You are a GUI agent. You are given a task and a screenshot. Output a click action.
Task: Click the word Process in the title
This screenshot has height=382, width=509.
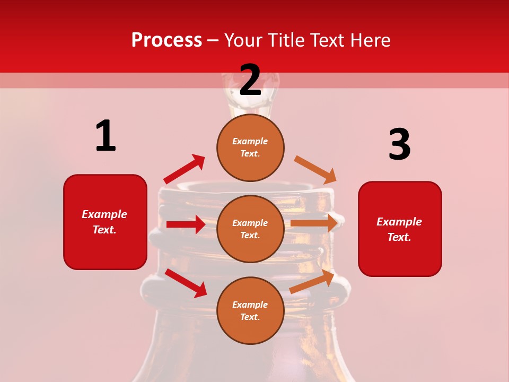pyautogui.click(x=166, y=40)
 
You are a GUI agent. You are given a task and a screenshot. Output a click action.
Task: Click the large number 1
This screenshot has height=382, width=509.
pyautogui.click(x=106, y=136)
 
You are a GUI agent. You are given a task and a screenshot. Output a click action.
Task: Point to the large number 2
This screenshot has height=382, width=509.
pyautogui.click(x=250, y=80)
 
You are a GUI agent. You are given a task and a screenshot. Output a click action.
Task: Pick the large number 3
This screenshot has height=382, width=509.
pyautogui.click(x=399, y=144)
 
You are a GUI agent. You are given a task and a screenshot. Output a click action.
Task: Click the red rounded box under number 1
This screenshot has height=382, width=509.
pyautogui.click(x=105, y=222)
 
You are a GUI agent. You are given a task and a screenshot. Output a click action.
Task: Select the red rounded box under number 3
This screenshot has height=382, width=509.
pyautogui.click(x=400, y=229)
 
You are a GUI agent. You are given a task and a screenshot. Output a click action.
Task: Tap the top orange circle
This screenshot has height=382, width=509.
pyautogui.click(x=250, y=147)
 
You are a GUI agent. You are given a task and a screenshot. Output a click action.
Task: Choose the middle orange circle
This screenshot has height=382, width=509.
pyautogui.click(x=250, y=229)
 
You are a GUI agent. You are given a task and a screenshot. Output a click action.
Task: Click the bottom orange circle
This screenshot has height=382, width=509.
pyautogui.click(x=250, y=310)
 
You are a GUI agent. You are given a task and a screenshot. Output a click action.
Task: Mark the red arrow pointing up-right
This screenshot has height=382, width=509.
pyautogui.click(x=185, y=169)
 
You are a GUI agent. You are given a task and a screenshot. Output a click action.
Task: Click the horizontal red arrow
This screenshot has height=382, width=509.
pyautogui.click(x=186, y=224)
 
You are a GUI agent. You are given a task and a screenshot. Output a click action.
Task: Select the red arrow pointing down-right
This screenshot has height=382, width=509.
pyautogui.click(x=186, y=283)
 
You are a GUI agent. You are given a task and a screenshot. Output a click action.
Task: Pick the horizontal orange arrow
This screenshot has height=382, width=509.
pyautogui.click(x=314, y=223)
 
